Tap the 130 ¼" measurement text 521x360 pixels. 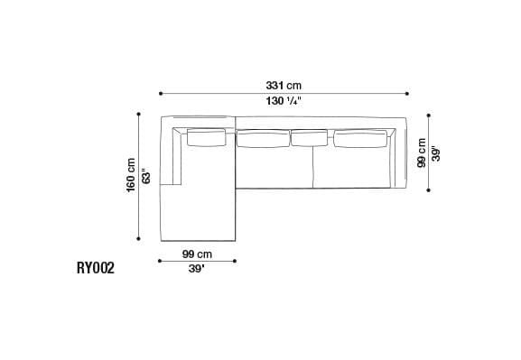[283, 102]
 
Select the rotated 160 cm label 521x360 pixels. [131, 178]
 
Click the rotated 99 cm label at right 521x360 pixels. [421, 152]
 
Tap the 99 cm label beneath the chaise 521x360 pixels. [197, 254]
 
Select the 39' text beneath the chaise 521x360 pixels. [197, 269]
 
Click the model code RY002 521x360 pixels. [96, 268]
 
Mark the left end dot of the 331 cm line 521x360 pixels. [160, 93]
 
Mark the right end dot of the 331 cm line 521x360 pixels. [407, 93]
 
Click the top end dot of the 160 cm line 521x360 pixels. [139, 115]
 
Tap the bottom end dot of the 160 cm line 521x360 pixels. [139, 240]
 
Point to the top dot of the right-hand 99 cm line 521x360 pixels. [428, 115]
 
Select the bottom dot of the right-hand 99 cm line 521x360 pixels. [428, 189]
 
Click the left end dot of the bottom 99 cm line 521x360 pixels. [160, 261]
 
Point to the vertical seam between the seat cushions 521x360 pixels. [312, 167]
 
